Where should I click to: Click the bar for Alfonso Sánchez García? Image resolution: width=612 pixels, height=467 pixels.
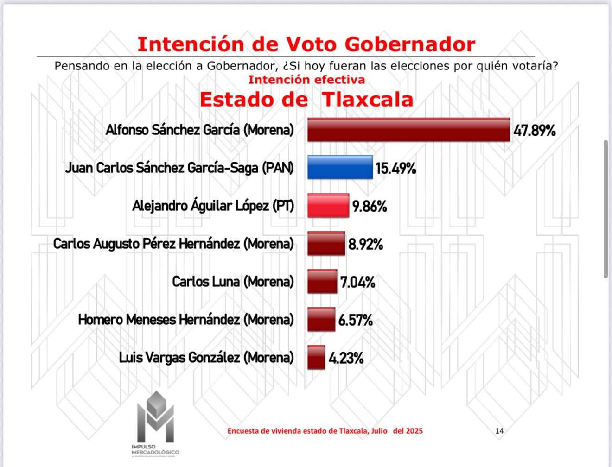tap(408, 130)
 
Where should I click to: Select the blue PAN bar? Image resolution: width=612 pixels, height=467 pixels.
tap(340, 167)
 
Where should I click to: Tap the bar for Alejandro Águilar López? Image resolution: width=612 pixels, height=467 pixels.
tap(328, 206)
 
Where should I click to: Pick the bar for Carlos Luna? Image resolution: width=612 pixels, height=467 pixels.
tap(322, 282)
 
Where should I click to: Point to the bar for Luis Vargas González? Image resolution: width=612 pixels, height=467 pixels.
tap(316, 358)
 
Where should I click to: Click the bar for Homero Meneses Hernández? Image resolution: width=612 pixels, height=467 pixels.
tap(321, 320)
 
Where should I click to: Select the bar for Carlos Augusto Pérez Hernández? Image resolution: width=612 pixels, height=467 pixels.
tap(326, 244)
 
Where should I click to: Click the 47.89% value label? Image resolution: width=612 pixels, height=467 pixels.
tap(534, 131)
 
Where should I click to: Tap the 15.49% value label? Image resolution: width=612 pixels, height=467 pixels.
tap(395, 168)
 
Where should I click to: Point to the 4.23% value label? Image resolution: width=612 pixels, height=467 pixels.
tap(346, 358)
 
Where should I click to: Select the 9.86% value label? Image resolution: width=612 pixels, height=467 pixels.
tap(370, 206)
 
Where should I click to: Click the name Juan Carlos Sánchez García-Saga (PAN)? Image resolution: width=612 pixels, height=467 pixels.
tap(179, 168)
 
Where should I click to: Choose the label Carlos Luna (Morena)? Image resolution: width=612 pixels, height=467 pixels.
tap(233, 282)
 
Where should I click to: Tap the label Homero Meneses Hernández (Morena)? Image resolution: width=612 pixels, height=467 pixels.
tap(186, 320)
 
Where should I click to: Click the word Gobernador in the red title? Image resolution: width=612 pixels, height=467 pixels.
tap(410, 44)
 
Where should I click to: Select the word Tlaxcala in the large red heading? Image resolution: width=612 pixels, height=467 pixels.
tap(367, 100)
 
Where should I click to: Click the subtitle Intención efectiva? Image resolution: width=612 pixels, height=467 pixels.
tap(306, 80)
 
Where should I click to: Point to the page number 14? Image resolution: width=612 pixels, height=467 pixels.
tap(499, 431)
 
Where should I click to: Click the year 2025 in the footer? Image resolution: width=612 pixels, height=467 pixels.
tap(414, 431)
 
